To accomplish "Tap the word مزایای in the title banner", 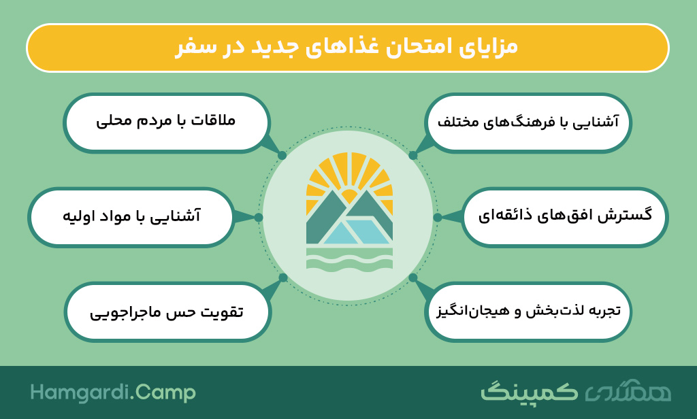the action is coord(489,47).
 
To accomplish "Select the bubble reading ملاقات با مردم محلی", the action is coord(167,123).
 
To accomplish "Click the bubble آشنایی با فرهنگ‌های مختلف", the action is coord(528,123).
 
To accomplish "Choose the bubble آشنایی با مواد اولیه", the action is coord(131,217).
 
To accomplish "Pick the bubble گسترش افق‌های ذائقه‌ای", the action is coord(564,217).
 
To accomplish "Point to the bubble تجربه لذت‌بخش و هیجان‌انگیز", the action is coord(528,312).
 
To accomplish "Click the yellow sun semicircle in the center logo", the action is coord(349,195).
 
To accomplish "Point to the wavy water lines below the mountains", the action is coord(349,258).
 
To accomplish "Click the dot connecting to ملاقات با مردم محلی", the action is coord(282,156).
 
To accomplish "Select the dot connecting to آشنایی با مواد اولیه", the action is coord(259,217).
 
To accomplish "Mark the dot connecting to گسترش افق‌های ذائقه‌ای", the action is coord(438,217).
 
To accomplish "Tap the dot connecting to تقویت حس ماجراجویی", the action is coord(282,278).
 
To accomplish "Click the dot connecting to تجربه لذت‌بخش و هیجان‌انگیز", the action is coord(413,278).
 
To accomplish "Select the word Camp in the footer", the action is coord(165,393).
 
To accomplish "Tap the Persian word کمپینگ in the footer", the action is coord(529,392).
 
